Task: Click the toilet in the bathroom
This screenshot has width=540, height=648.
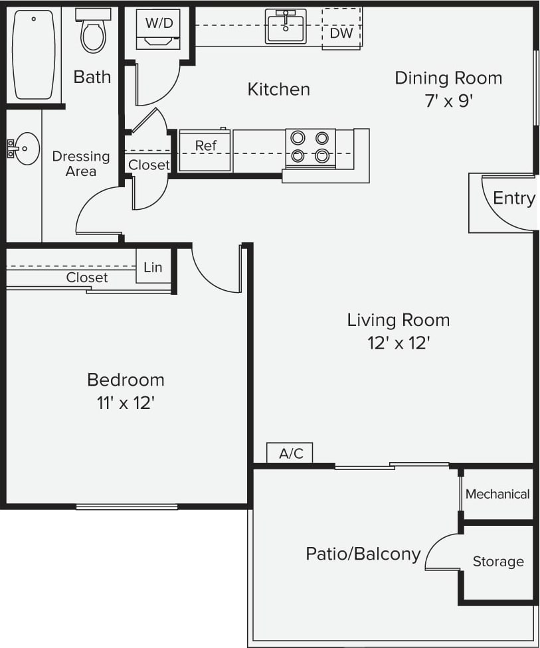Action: click(93, 33)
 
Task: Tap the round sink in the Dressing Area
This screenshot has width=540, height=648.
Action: click(26, 148)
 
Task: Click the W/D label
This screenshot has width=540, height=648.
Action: click(159, 23)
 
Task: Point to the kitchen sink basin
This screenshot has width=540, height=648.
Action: click(286, 27)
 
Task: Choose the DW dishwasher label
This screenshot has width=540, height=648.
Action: click(341, 33)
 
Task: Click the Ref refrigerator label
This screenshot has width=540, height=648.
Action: click(205, 145)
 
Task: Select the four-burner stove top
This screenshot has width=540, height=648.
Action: click(310, 147)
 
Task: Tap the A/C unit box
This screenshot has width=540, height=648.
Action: click(290, 453)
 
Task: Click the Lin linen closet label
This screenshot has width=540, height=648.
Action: click(153, 267)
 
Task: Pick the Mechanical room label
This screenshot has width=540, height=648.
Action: click(497, 494)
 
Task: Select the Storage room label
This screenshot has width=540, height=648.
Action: click(498, 562)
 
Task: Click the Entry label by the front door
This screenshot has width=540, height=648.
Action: click(513, 198)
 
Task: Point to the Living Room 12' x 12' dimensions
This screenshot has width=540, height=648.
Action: click(398, 343)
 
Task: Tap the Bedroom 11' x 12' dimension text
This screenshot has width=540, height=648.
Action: click(126, 402)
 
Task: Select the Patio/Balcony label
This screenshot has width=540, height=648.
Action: click(363, 554)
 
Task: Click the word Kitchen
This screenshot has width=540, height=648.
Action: click(278, 89)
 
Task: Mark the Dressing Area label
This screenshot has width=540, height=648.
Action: click(81, 163)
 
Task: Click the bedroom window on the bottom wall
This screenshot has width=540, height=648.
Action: click(127, 507)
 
